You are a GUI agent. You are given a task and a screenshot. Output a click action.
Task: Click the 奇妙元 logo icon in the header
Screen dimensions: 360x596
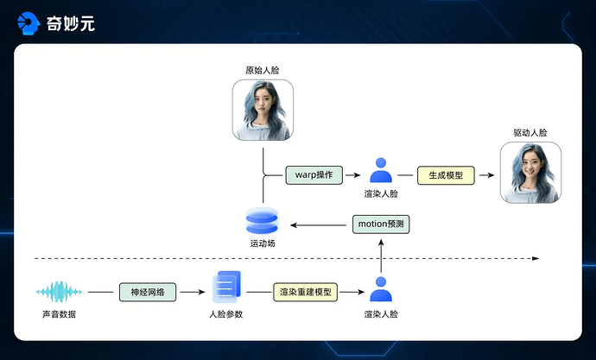tap(29, 22)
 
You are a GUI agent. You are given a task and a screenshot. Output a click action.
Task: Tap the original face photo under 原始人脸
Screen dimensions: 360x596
tap(263, 110)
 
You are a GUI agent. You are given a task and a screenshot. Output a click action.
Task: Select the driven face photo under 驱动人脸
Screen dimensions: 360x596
tap(530, 173)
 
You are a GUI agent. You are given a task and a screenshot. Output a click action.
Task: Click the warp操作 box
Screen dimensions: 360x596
tap(314, 174)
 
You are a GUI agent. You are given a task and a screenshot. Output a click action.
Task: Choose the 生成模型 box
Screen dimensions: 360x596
tap(446, 174)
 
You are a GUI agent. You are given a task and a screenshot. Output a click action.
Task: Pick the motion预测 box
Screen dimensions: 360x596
tap(380, 224)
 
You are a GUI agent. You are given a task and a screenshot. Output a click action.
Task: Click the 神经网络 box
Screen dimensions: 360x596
tap(148, 292)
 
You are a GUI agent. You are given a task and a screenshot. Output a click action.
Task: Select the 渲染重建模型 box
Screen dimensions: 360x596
tap(305, 292)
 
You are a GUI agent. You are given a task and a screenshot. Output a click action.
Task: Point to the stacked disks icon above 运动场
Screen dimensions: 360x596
tap(262, 222)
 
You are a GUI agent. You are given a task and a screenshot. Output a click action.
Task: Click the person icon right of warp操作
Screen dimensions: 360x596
tap(381, 170)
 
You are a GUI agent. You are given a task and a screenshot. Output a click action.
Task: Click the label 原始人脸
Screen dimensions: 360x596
tap(263, 68)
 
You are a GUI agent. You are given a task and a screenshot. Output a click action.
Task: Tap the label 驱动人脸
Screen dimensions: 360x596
tap(530, 133)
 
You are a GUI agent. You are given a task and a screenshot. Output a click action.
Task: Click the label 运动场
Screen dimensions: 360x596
tap(262, 244)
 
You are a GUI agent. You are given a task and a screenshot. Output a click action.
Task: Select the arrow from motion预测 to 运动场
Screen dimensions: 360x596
tap(320, 224)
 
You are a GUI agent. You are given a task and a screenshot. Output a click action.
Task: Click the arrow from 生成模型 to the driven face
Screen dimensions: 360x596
tap(485, 174)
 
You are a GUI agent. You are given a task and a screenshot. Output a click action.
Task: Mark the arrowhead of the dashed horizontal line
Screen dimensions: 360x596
tap(536, 258)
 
